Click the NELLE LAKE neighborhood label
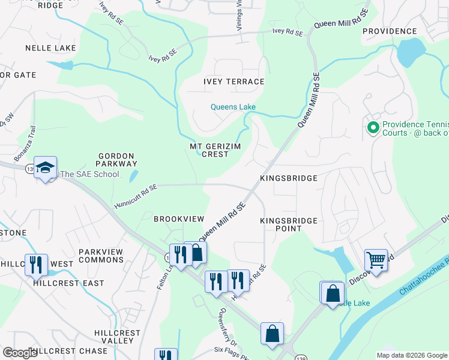click(x=50, y=47)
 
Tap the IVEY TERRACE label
click(x=234, y=82)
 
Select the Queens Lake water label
click(x=233, y=107)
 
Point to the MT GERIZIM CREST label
click(x=209, y=150)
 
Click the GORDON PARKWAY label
click(x=118, y=159)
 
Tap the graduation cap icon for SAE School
click(x=46, y=167)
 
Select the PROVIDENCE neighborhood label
click(x=390, y=31)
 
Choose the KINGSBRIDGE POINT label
click(x=288, y=225)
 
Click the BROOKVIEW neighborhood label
click(x=179, y=219)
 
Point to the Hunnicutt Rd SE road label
click(x=135, y=197)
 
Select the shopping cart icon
click(x=376, y=260)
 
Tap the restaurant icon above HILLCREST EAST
click(x=36, y=264)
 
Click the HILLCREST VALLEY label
click(x=117, y=337)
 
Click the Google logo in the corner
click(x=20, y=353)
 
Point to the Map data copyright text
click(x=411, y=355)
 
